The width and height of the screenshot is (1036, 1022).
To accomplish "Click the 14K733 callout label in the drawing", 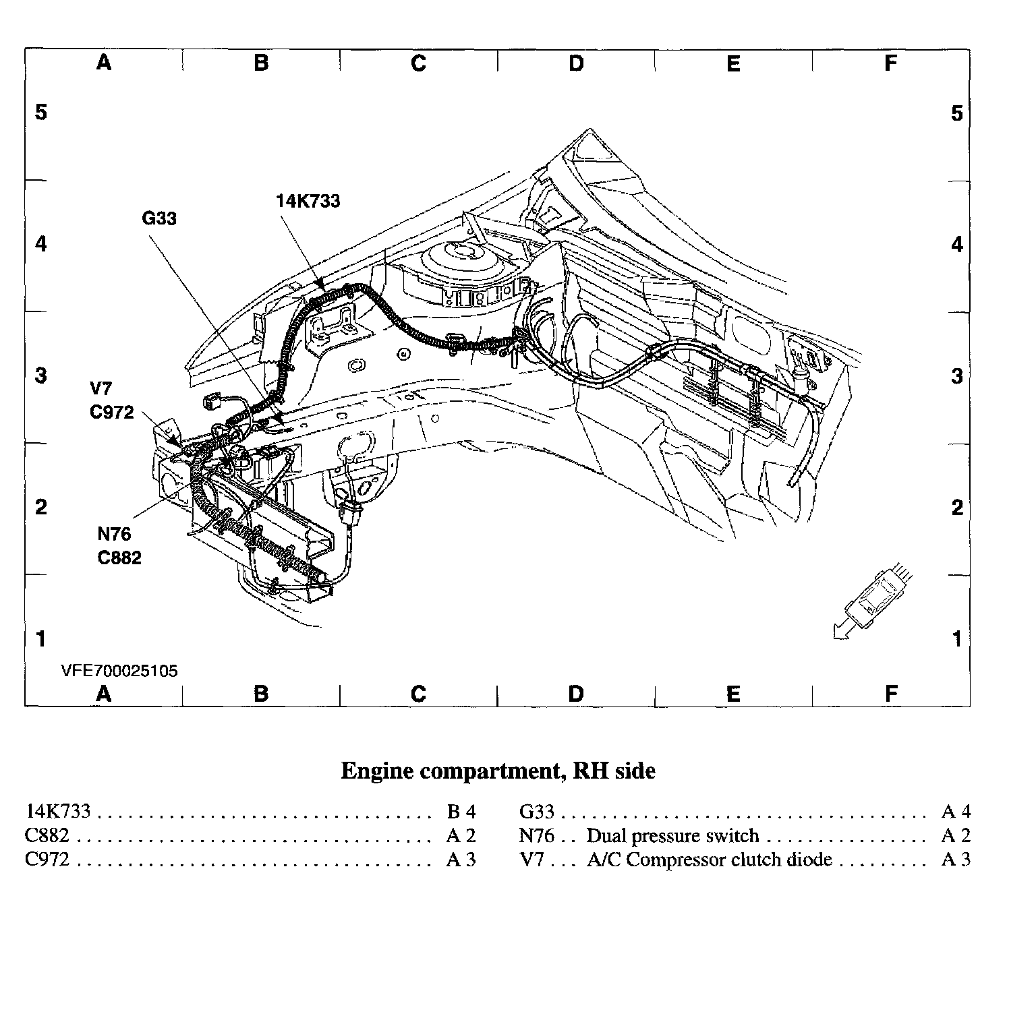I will [308, 201].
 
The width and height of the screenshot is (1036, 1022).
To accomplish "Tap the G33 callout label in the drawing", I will [159, 218].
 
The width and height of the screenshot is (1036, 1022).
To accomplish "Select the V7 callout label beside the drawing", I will [101, 388].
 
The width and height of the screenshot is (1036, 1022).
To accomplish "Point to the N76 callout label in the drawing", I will [114, 534].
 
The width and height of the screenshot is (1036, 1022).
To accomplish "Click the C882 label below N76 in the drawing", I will [119, 558].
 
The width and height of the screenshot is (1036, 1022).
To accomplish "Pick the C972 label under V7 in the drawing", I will [112, 412].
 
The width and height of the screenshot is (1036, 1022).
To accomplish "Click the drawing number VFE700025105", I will [119, 671].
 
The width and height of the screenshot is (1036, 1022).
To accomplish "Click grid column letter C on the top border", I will [418, 63].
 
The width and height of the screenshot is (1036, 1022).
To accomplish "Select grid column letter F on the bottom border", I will [891, 693].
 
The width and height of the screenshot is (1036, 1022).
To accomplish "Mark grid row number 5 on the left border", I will [41, 112].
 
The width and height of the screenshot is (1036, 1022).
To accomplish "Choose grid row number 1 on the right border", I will [957, 638].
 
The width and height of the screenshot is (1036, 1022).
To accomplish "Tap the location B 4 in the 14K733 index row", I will [461, 811].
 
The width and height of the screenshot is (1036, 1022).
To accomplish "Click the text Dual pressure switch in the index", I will [672, 836].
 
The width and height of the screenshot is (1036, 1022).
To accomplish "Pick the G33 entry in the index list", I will [536, 812].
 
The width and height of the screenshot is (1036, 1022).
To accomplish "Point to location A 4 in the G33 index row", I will [955, 811].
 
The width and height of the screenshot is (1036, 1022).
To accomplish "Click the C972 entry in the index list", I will [47, 860].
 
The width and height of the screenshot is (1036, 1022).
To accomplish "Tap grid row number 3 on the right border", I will [957, 375].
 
